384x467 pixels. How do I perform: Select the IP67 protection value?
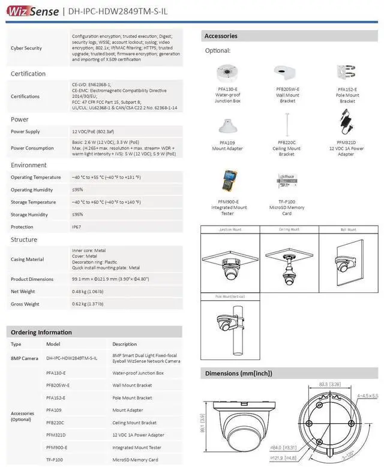coord(76,227)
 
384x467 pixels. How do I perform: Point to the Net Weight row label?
coord(24,292)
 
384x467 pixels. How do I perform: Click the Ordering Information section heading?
coord(41,332)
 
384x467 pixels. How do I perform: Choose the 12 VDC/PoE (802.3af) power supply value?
coord(95,131)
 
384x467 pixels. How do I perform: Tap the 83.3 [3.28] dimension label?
coord(331,384)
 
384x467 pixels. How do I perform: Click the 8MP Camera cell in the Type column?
coord(25,358)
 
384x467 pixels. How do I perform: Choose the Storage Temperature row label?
coord(33,202)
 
